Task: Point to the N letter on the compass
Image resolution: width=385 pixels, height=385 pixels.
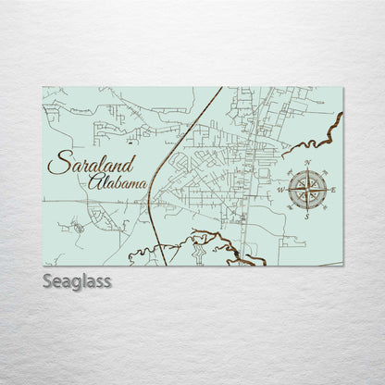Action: pyautogui.click(x=307, y=163)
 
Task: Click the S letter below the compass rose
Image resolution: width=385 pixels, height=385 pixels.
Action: pyautogui.click(x=307, y=218)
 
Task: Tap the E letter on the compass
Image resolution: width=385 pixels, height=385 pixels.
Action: pyautogui.click(x=333, y=191)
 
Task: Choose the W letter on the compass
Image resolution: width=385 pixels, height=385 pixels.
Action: pyautogui.click(x=281, y=191)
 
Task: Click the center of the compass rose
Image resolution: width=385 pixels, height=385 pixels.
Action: pyautogui.click(x=307, y=191)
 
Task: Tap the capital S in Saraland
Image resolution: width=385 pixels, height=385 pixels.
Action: pyautogui.click(x=59, y=168)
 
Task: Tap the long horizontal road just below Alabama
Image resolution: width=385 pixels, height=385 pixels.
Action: pyautogui.click(x=102, y=200)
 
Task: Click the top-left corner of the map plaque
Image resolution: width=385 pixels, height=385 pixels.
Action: pyautogui.click(x=43, y=87)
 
